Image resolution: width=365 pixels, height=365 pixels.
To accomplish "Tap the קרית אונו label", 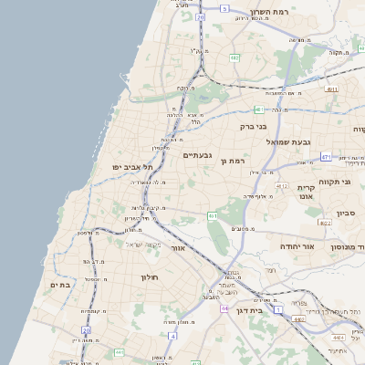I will pos(306,191).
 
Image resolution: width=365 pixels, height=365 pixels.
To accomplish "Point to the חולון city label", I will pos(150,276).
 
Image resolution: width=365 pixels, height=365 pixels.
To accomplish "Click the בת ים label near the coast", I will pos(59,286).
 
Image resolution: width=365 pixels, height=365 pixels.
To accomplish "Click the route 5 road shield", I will pos(225,8).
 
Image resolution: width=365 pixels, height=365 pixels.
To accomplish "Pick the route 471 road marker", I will pos(326,157).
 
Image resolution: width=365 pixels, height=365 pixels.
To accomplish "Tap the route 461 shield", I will pos(212,216).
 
